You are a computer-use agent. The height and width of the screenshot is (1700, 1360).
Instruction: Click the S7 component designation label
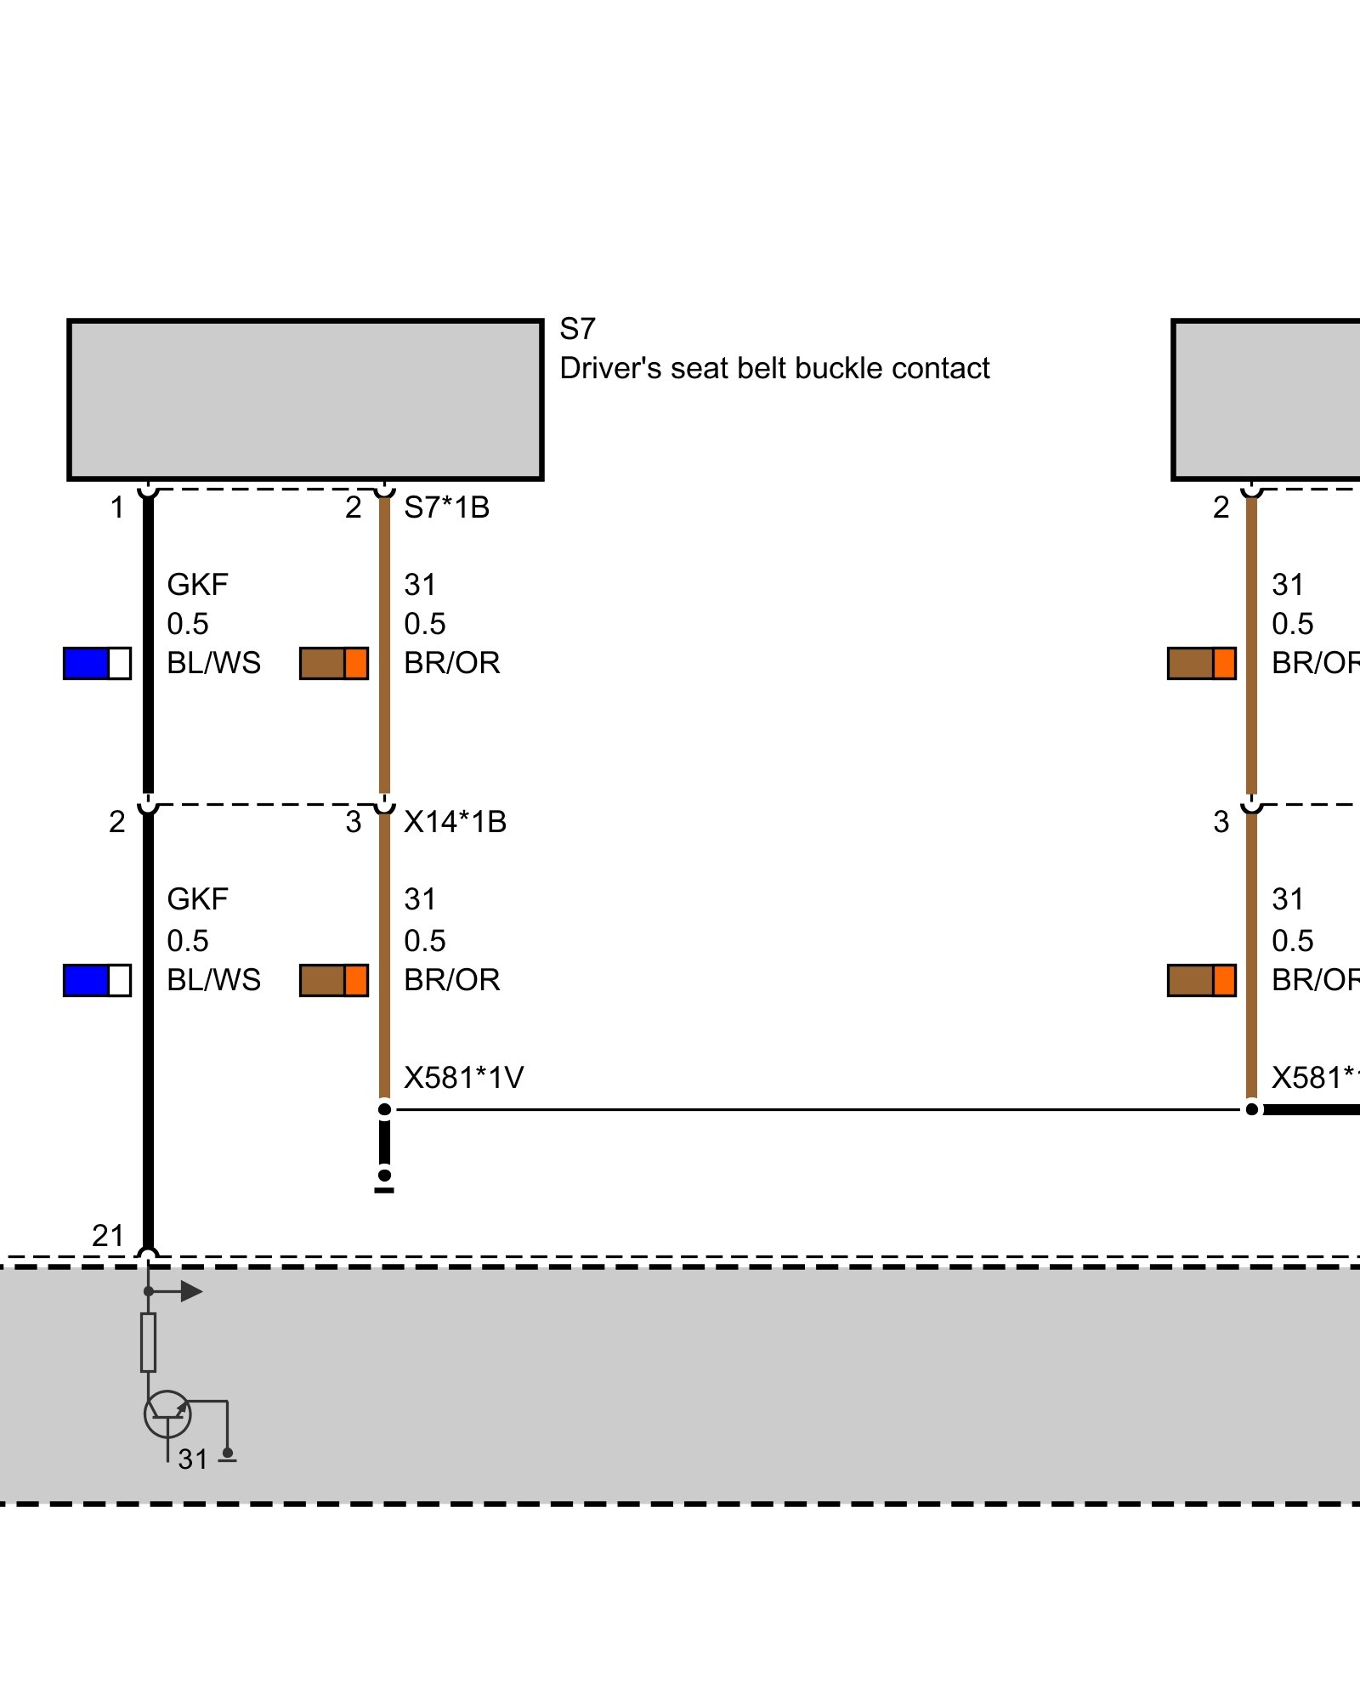[577, 329]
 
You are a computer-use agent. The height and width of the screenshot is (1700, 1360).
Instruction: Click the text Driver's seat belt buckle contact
[774, 368]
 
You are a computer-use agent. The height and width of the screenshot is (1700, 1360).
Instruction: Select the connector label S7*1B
[446, 507]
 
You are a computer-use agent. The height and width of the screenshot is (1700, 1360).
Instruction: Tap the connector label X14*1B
[455, 822]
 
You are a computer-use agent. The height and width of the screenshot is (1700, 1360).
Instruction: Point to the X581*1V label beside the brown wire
[463, 1078]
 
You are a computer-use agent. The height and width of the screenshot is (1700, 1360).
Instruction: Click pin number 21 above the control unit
[108, 1235]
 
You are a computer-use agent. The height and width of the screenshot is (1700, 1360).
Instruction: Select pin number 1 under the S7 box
[117, 507]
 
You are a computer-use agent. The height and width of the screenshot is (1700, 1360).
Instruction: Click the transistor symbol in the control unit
[167, 1414]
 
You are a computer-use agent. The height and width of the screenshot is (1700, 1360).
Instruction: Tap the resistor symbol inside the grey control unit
[148, 1342]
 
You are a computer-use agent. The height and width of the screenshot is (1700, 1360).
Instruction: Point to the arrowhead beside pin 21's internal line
[191, 1291]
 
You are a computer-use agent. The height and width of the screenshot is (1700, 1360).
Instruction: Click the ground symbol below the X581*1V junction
[384, 1181]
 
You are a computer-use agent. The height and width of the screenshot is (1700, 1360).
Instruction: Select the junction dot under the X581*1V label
[384, 1109]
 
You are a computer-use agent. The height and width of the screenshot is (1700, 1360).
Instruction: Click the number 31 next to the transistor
[193, 1459]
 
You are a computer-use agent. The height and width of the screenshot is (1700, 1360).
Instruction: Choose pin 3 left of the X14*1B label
[354, 822]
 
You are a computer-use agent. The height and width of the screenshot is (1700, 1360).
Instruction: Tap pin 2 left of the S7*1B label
[354, 507]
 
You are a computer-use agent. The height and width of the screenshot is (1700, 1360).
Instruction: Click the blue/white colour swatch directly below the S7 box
[97, 663]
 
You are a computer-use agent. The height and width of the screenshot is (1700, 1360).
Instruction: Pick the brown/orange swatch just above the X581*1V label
[334, 980]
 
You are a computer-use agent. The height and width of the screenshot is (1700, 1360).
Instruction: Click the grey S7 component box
[305, 399]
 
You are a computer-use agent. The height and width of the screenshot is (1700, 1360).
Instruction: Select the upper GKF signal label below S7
[197, 585]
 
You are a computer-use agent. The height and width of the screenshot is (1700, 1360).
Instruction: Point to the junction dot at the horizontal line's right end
[1251, 1109]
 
